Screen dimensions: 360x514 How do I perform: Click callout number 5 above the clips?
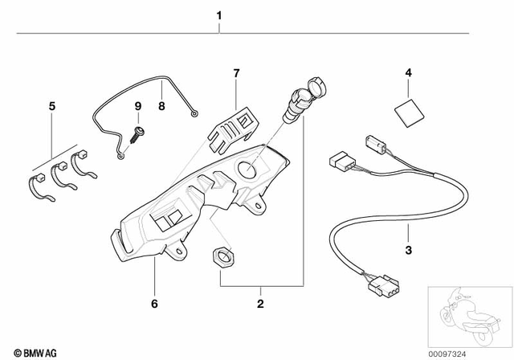[x=53, y=105]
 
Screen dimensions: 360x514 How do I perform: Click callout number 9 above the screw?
[x=137, y=105]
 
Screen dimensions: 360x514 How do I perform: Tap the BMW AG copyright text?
[x=31, y=351]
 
